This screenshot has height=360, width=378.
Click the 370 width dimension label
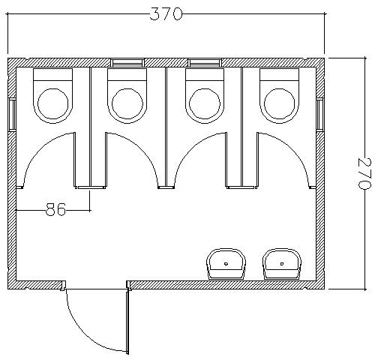166,13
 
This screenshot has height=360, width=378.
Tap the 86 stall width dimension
55,209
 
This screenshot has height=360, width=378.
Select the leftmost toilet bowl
52,96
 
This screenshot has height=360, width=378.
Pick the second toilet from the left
127,96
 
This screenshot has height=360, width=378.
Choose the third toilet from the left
205,96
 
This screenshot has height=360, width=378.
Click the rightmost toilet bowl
280,96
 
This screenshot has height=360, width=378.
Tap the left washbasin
226,264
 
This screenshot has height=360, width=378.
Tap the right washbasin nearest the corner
282,264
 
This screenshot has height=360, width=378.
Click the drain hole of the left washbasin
226,263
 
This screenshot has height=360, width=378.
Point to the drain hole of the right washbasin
282,263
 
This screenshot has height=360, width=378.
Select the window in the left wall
12,114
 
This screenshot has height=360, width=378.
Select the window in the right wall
319,114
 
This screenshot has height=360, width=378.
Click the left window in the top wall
127,62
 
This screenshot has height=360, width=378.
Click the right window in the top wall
205,62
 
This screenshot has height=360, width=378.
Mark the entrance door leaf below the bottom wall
127,321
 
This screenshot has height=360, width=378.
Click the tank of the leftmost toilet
52,74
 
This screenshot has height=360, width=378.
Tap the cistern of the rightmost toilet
280,74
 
